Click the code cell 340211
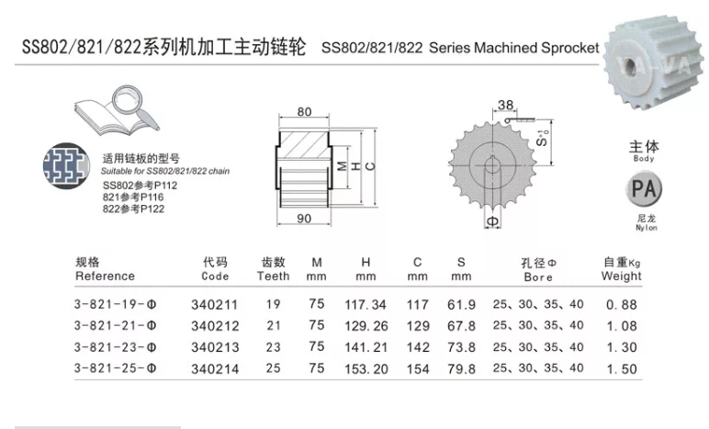tap(213, 304)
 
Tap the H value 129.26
tap(366, 325)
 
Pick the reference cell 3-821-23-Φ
tap(116, 346)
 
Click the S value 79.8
tap(463, 367)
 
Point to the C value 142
tap(418, 346)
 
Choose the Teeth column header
tap(274, 269)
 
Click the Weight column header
tap(621, 269)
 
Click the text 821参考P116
tap(133, 198)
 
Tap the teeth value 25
tap(274, 367)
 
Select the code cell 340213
tap(213, 346)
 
